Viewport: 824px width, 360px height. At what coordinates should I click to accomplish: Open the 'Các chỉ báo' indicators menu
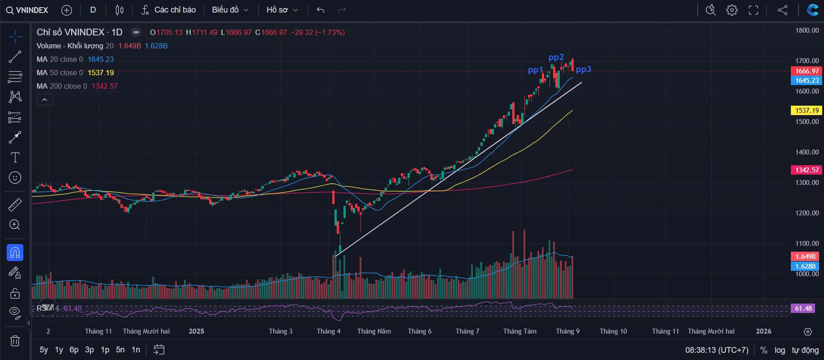[x=168, y=10]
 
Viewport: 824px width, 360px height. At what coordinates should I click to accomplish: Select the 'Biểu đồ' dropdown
[x=230, y=10]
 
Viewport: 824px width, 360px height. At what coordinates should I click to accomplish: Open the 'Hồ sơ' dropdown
[x=282, y=10]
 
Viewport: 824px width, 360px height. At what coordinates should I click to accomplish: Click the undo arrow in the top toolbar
[x=320, y=10]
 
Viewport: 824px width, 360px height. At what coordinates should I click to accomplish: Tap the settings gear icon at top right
[x=732, y=10]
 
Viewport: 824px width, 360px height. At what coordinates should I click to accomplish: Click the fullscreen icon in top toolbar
[x=754, y=10]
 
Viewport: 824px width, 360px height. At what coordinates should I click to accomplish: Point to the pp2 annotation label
[x=556, y=57]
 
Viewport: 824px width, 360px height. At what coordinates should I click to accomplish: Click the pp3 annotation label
[x=584, y=69]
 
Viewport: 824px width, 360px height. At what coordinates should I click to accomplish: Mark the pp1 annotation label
[x=536, y=70]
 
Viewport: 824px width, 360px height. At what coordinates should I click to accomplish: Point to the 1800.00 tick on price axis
[x=807, y=30]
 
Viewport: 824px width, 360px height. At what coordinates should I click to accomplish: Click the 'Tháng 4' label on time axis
[x=328, y=331]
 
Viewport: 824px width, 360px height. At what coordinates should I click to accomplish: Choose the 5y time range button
[x=44, y=350]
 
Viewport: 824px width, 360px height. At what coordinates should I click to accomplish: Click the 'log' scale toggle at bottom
[x=780, y=350]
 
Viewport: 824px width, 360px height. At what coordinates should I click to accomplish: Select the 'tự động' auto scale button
[x=805, y=350]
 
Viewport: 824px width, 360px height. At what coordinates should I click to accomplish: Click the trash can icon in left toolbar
[x=15, y=341]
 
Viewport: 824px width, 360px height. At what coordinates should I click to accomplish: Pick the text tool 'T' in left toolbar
[x=15, y=157]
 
